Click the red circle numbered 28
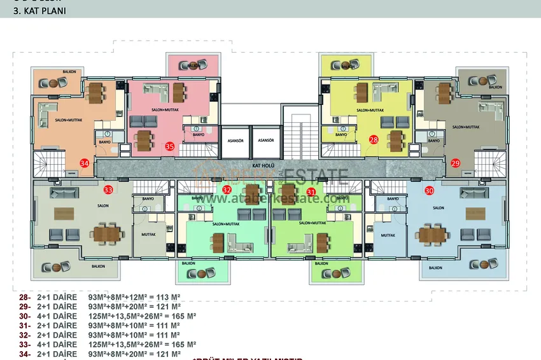[x=374, y=139]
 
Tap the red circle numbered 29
[x=455, y=163]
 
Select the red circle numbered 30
[x=429, y=190]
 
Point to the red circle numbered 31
[x=311, y=191]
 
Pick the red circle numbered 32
[x=227, y=190]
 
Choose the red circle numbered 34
[x=85, y=163]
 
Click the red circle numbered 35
[x=169, y=146]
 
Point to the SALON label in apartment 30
[x=438, y=208]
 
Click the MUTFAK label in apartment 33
[x=140, y=234]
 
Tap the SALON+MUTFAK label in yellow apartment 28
[x=370, y=110]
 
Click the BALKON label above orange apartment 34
[x=69, y=72]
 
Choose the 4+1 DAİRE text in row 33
[x=57, y=344]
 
